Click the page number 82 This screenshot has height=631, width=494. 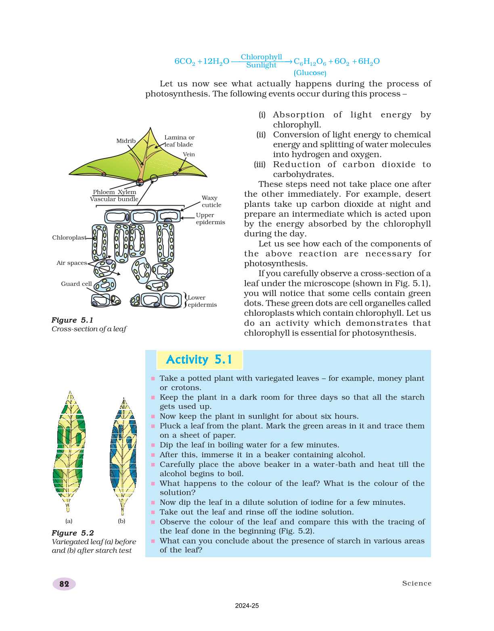(x=64, y=584)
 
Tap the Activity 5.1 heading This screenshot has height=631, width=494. (x=199, y=360)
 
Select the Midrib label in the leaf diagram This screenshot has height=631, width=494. (x=126, y=141)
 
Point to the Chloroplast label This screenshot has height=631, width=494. (x=69, y=237)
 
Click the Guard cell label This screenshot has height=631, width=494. (x=76, y=284)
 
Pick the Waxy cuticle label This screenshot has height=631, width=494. (x=211, y=201)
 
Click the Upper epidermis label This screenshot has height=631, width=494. (x=210, y=219)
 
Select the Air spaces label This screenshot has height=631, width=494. (x=72, y=263)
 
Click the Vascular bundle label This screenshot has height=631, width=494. (x=114, y=199)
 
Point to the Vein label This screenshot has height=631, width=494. (x=189, y=154)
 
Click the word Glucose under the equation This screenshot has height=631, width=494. (x=310, y=73)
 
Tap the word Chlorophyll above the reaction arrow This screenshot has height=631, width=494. (x=261, y=57)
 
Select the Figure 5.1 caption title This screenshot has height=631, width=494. (x=72, y=320)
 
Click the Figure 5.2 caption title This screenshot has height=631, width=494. (x=73, y=533)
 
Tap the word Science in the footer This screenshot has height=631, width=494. (x=417, y=583)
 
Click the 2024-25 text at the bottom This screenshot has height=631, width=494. (x=247, y=606)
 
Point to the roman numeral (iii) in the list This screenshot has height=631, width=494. (x=260, y=165)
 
